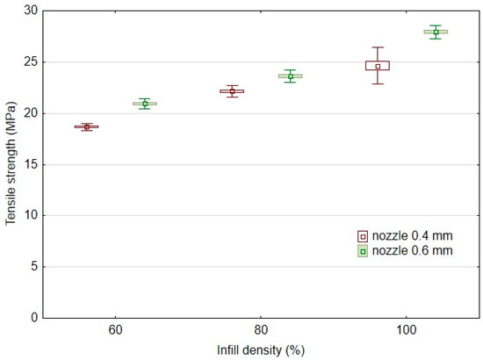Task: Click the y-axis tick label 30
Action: pyautogui.click(x=30, y=11)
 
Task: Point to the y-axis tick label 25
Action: pyautogui.click(x=30, y=62)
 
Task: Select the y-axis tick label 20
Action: pyautogui.click(x=30, y=113)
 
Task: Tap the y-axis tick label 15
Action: pyautogui.click(x=30, y=164)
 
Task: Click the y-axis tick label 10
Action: pyautogui.click(x=30, y=215)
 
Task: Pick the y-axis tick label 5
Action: pyautogui.click(x=32, y=266)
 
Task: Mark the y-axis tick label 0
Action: pyautogui.click(x=32, y=317)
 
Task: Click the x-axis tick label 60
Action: pyautogui.click(x=115, y=331)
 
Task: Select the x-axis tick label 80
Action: pyautogui.click(x=261, y=331)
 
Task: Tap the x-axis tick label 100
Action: pyautogui.click(x=406, y=331)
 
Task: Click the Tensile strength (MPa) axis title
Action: pyautogui.click(x=11, y=163)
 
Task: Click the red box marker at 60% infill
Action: pyautogui.click(x=86, y=126)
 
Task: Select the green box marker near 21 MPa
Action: pyautogui.click(x=145, y=104)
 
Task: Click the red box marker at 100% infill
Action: pyautogui.click(x=378, y=66)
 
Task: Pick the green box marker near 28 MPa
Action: pyautogui.click(x=436, y=32)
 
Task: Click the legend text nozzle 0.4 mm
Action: pyautogui.click(x=413, y=236)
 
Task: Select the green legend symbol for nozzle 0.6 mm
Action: pyautogui.click(x=362, y=251)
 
